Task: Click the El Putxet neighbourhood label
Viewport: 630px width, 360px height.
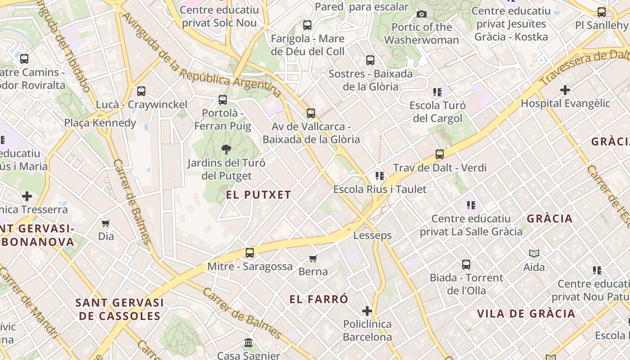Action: click(x=258, y=195)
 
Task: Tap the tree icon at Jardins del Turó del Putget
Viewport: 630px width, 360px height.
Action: click(x=226, y=149)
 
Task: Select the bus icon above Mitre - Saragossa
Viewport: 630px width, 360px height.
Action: click(x=250, y=253)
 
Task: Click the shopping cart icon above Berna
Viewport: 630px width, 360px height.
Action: click(x=313, y=258)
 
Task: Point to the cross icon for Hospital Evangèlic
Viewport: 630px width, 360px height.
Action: click(x=565, y=90)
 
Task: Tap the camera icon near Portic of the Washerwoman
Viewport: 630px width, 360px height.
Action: click(x=422, y=14)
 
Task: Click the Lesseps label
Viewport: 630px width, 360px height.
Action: click(x=372, y=235)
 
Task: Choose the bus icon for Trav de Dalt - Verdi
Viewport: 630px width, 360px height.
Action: click(x=440, y=155)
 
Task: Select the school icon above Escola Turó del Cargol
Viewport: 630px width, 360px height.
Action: click(x=437, y=92)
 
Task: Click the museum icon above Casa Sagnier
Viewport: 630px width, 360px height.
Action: click(x=248, y=343)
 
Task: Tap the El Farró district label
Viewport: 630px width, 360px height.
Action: click(x=319, y=299)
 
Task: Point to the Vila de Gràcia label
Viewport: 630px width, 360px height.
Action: click(x=526, y=314)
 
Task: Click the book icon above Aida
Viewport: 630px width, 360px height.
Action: click(x=534, y=254)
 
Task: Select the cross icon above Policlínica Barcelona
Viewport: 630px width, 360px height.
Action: click(x=367, y=311)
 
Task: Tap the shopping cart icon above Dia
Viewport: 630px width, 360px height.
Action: click(x=106, y=223)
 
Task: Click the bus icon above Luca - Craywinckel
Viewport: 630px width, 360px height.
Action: click(x=141, y=91)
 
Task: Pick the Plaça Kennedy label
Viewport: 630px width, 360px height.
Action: click(x=100, y=123)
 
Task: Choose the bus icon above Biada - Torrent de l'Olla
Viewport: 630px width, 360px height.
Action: click(x=466, y=265)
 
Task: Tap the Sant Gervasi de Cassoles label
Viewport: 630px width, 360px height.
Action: click(x=120, y=309)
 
